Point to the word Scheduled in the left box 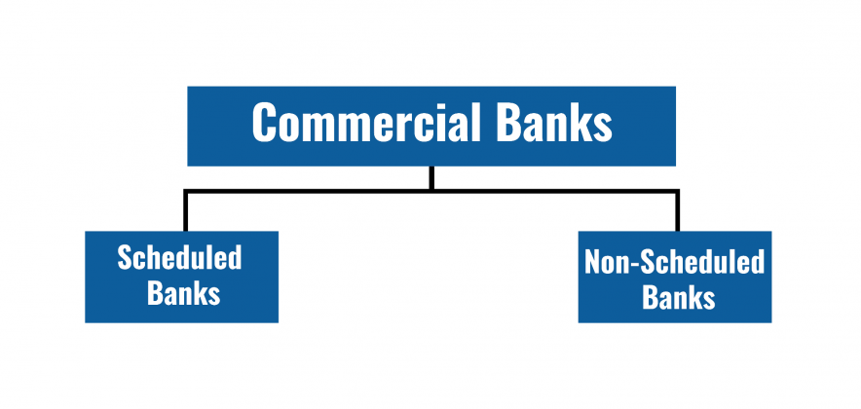coord(179,259)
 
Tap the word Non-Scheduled coord(674,262)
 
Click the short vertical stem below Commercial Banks coord(430,177)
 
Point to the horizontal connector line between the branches coord(312,192)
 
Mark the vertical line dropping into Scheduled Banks coord(185,212)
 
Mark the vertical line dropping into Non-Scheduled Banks coord(677,212)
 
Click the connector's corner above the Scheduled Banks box coord(185,192)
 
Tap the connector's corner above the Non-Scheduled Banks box coord(677,192)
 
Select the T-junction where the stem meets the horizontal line coord(430,192)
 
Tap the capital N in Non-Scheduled coord(593,262)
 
